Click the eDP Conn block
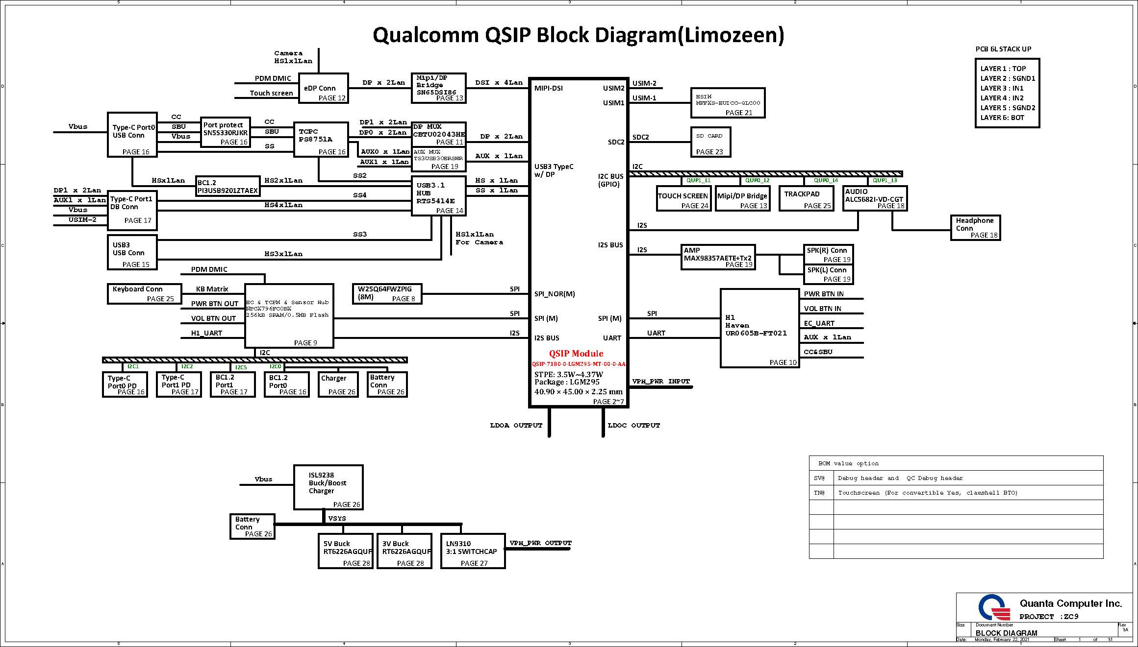[323, 88]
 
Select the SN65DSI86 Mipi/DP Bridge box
[438, 88]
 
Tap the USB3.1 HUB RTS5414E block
[438, 196]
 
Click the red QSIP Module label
[576, 354]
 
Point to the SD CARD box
[710, 142]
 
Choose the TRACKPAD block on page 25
[806, 198]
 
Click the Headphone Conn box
[975, 228]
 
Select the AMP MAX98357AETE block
[718, 257]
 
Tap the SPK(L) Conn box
[828, 274]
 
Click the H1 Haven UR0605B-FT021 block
[759, 328]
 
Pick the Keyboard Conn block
[144, 293]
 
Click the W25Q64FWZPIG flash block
[387, 293]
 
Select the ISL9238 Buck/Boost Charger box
[328, 487]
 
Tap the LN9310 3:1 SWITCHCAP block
[473, 551]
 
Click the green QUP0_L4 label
[826, 180]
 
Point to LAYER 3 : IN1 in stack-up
[1002, 88]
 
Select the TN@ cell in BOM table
[820, 493]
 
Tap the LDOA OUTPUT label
[516, 426]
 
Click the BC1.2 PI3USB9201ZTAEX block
[228, 186]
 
